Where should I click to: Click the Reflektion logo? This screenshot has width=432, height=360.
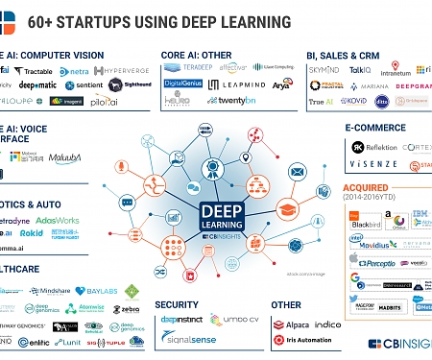pos(375,148)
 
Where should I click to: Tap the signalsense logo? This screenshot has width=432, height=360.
pos(188,337)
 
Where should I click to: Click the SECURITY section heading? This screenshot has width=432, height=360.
pos(177,304)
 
